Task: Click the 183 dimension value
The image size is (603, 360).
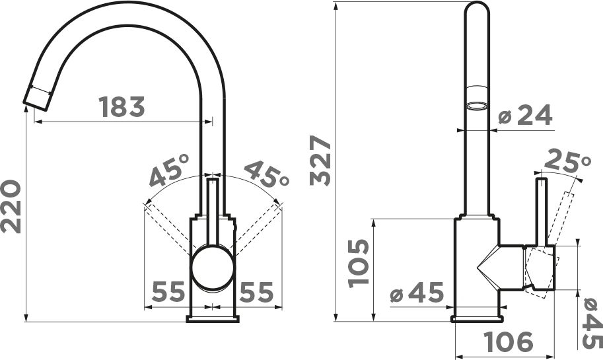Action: (122, 106)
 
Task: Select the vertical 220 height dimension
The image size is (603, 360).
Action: (11, 207)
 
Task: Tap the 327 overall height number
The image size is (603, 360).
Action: (320, 161)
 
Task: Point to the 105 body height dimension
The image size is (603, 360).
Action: (359, 264)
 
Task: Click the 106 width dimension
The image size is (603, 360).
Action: (509, 342)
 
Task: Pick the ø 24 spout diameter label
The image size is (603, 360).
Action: (525, 115)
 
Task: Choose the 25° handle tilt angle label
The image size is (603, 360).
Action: (567, 161)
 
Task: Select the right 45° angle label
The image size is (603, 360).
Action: (267, 174)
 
